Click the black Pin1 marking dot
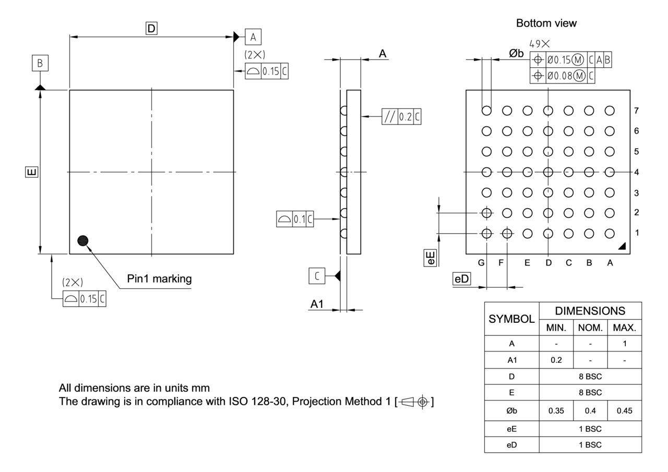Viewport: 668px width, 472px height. (82, 240)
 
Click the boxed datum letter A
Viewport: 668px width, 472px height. (253, 37)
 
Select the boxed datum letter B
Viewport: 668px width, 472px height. (40, 64)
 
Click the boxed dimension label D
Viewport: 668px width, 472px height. (151, 29)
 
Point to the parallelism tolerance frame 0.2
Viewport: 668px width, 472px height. (401, 117)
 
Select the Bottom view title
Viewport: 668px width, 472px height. (546, 23)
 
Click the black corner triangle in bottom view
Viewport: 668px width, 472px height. (622, 246)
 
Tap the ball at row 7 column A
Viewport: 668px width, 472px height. (610, 111)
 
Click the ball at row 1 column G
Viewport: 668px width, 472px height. (486, 233)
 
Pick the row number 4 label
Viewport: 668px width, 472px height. (636, 172)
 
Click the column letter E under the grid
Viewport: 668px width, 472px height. (527, 263)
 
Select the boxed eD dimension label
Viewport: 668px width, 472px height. (462, 279)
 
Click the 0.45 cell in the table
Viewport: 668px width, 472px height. (625, 411)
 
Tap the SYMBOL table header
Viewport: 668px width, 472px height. (511, 319)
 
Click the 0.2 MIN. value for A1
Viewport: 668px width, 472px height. (556, 360)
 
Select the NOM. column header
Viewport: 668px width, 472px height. (590, 328)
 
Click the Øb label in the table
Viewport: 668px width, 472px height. (511, 411)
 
